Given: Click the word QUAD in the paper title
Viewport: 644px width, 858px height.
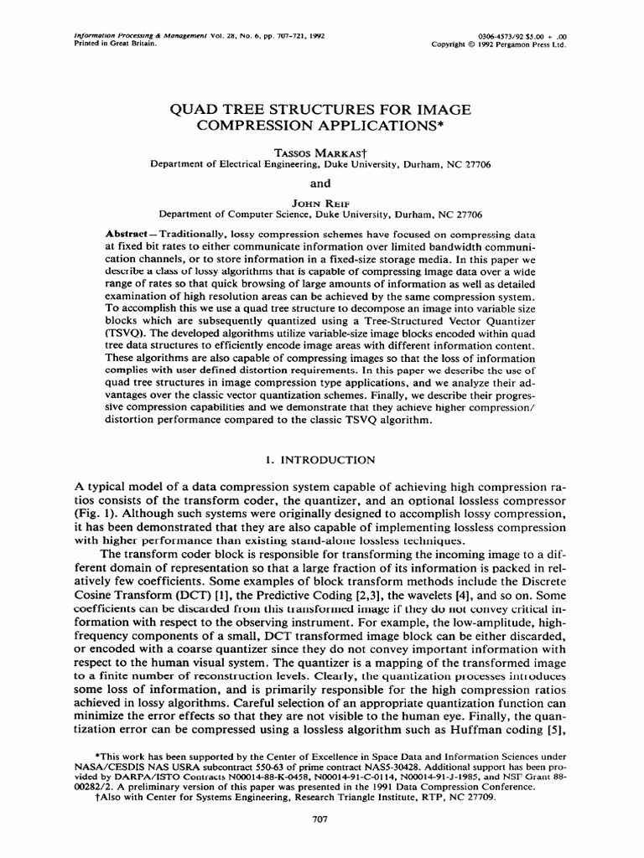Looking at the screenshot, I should click(200, 110).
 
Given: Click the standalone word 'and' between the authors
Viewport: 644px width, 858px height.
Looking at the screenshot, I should click(322, 183).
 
